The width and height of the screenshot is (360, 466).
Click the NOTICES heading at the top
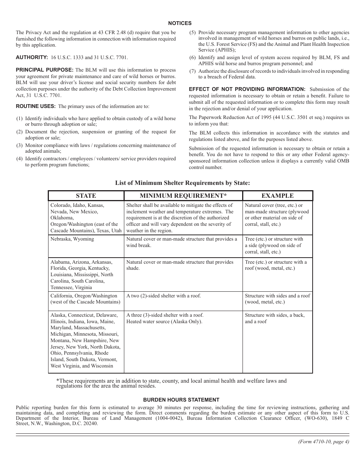coord(180,23)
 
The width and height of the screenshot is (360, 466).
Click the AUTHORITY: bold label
coord(32,58)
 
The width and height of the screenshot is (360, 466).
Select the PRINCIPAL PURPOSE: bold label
coord(45,70)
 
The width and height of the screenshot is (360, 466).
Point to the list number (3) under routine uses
coord(20,145)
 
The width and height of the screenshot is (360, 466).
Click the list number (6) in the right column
coord(193,58)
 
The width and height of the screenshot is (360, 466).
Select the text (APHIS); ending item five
coord(217,50)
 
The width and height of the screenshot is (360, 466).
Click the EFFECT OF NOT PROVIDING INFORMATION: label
coord(247,89)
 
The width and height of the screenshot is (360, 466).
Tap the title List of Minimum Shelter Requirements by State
coord(183,183)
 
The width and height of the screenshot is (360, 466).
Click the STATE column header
coord(86,196)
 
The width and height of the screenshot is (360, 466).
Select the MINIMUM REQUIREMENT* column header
coord(183,196)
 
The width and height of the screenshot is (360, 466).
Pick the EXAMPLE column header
coord(277,196)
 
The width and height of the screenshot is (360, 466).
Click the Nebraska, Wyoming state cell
coord(72,239)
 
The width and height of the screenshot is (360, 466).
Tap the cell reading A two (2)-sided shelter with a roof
coord(164,296)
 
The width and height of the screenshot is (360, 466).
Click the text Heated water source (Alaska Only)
coord(164,322)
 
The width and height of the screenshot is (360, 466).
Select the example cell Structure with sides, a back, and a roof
coord(274,318)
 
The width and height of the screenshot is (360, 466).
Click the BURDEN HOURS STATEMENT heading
coord(181,400)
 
